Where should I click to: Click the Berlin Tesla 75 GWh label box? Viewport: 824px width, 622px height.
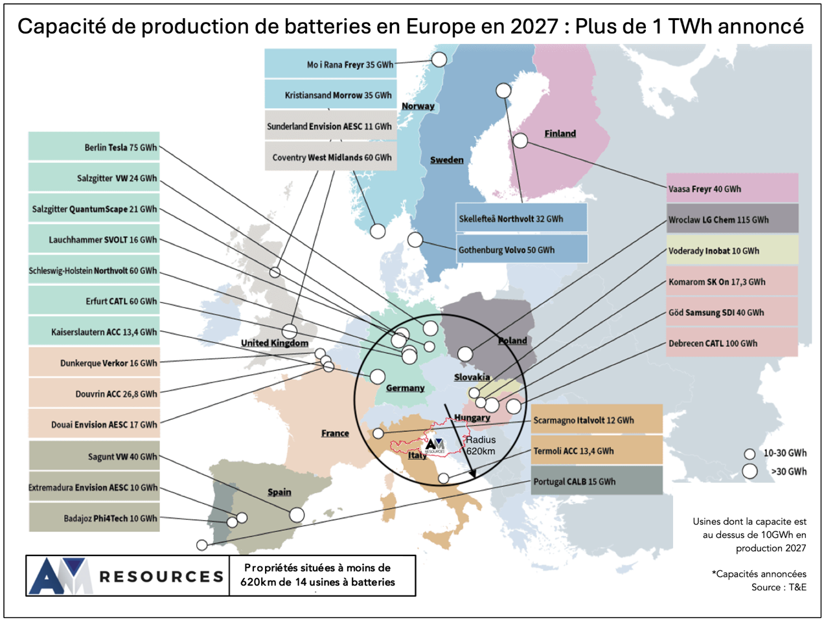click(x=94, y=147)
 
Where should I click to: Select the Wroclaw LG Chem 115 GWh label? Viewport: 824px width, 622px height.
click(x=732, y=219)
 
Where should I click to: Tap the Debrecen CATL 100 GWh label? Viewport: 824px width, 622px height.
click(x=732, y=343)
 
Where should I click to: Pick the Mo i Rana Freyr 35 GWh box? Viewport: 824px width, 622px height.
click(x=330, y=64)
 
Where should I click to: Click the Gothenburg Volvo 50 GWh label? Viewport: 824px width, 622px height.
click(x=522, y=250)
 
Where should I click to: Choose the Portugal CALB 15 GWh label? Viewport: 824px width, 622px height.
click(x=597, y=482)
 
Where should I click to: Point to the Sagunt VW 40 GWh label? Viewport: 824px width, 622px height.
click(x=94, y=456)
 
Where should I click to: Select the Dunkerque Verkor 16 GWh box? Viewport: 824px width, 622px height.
click(x=94, y=363)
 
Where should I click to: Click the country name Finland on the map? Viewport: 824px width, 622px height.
click(x=560, y=133)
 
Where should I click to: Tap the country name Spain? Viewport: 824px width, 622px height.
click(x=279, y=492)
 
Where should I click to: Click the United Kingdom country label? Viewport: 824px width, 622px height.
click(x=275, y=342)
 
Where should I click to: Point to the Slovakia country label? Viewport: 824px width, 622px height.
click(x=472, y=377)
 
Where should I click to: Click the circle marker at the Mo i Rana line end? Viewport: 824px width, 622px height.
click(x=439, y=60)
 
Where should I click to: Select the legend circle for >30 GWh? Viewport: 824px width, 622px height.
click(x=750, y=471)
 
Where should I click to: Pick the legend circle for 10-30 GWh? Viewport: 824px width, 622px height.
click(x=750, y=454)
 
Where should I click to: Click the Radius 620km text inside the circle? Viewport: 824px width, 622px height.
click(x=481, y=445)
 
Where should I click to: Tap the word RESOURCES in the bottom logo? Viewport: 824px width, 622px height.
click(x=161, y=576)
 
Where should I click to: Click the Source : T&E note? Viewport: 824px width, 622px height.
click(x=779, y=587)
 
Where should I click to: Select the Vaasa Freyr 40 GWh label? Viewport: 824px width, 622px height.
click(x=732, y=189)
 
